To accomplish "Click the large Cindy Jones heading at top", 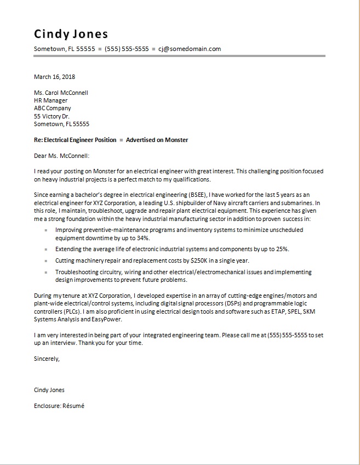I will coord(71,34).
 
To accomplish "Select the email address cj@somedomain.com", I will coord(190,49).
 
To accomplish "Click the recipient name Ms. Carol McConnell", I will coord(61,93).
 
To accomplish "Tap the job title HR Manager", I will coord(50,100).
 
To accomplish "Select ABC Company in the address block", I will coord(52,109).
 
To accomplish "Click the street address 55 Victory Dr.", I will coord(52,116).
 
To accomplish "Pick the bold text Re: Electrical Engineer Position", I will coord(75,140).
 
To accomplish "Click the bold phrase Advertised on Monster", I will coord(157,140).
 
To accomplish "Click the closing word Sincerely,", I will coord(47,359).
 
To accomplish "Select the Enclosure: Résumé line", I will coord(59,406).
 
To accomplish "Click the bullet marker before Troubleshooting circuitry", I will coord(46,272).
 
